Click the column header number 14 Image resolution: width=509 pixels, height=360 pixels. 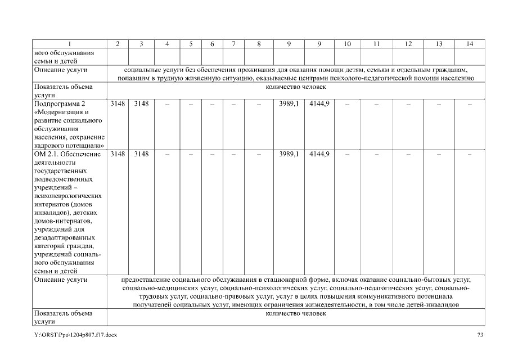(469, 44)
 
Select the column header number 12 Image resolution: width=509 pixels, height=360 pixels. (408, 44)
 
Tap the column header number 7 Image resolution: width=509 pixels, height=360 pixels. (233, 44)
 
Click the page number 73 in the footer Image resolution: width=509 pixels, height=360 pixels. (480, 335)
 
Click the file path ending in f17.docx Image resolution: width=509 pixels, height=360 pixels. (75, 335)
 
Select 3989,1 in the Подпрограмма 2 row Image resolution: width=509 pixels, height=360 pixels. (289, 104)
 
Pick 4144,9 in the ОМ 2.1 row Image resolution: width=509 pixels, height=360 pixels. (319, 154)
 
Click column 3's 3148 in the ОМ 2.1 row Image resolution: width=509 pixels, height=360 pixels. (141, 154)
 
